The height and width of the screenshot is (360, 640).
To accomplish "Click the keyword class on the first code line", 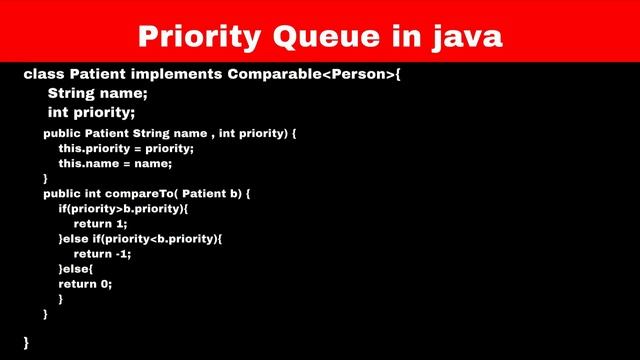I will (42, 75).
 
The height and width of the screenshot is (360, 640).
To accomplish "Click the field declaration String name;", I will (97, 94).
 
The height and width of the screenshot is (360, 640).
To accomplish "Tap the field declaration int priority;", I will (91, 113).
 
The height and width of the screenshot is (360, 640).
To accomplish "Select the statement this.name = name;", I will (115, 163).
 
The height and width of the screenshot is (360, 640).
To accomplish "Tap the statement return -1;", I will (102, 253).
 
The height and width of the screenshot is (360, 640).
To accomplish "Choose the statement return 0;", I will (85, 283).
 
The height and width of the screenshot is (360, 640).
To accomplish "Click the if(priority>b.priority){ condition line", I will (123, 208).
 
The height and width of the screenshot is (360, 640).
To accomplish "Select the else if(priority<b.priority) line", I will (140, 238).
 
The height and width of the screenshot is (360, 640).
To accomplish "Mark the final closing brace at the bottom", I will (26, 342).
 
